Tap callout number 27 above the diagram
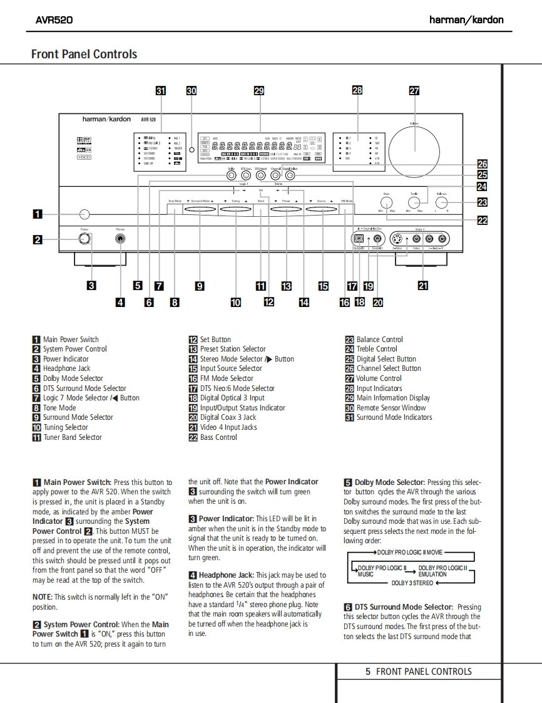click(x=414, y=90)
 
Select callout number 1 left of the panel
click(x=38, y=214)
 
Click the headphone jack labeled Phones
click(x=120, y=238)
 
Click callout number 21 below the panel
click(x=423, y=286)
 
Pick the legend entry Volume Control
click(x=379, y=378)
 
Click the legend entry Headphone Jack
click(x=66, y=368)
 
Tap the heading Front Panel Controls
click(x=84, y=55)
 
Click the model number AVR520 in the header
click(x=54, y=19)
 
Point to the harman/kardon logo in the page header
click(x=466, y=19)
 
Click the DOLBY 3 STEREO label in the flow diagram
click(x=412, y=583)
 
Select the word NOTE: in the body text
click(x=42, y=597)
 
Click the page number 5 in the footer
click(x=368, y=672)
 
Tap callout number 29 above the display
click(x=259, y=90)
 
